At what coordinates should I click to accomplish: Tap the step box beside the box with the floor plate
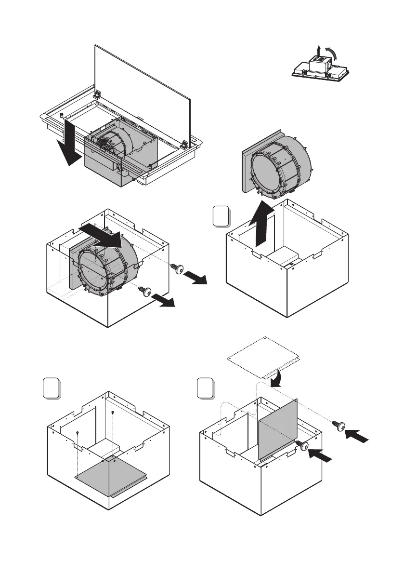click(51, 389)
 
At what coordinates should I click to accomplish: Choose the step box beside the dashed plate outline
click(206, 389)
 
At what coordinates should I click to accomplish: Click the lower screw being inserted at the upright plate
click(303, 446)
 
